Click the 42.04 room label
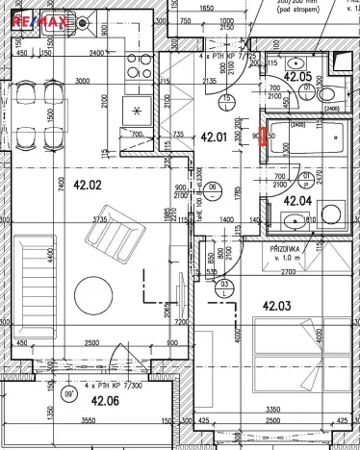tap(299, 201)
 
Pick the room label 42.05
tap(299, 76)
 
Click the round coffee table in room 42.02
tap(94, 294)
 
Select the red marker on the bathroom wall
tap(265, 137)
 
